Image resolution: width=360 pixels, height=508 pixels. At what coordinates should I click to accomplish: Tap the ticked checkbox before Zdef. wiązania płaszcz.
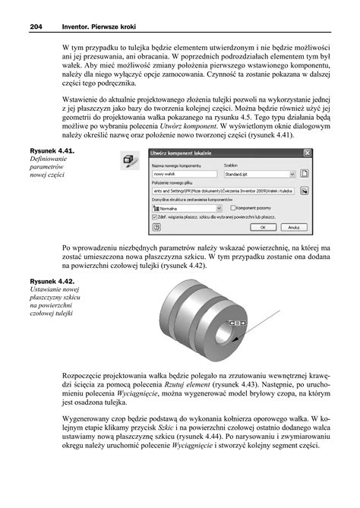[154, 215]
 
